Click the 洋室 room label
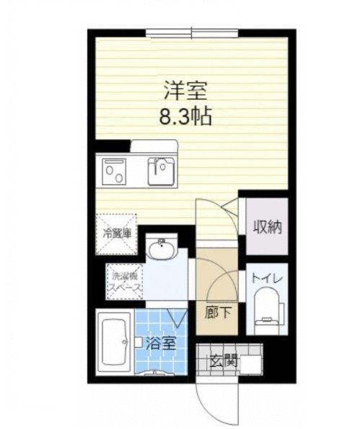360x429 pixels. pyautogui.click(x=185, y=92)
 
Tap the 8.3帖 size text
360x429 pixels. pyautogui.click(x=185, y=116)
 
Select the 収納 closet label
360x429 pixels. pyautogui.click(x=266, y=226)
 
